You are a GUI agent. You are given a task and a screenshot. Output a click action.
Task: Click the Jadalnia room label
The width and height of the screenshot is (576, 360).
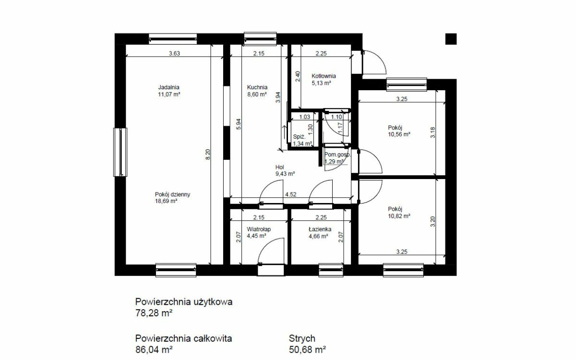click(168, 87)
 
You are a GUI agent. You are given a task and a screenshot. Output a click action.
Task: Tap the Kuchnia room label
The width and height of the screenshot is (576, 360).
click(257, 87)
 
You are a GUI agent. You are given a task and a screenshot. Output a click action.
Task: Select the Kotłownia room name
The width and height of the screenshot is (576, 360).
click(324, 76)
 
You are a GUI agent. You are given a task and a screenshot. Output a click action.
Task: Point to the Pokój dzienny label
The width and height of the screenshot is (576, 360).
click(172, 194)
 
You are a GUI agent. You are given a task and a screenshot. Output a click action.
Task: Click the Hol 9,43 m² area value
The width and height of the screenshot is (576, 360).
click(285, 174)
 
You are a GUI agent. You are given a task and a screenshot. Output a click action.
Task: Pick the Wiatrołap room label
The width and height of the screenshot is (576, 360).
click(259, 229)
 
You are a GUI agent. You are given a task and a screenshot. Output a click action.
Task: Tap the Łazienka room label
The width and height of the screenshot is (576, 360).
click(320, 229)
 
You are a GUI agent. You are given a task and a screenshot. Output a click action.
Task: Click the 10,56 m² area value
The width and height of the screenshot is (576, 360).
click(399, 134)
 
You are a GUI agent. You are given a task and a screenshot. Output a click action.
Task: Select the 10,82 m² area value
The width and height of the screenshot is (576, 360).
click(399, 216)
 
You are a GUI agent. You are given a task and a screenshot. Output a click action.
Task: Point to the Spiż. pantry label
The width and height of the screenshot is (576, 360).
click(300, 137)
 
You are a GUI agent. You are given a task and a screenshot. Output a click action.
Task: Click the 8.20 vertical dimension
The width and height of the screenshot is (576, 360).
click(208, 154)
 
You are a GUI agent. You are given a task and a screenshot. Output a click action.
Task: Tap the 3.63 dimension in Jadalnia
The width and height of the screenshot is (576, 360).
click(174, 53)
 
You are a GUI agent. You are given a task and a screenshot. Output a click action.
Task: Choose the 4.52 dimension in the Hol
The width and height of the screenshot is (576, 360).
click(290, 194)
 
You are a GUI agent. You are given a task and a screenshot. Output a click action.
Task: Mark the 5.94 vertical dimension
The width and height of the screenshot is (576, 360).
click(239, 124)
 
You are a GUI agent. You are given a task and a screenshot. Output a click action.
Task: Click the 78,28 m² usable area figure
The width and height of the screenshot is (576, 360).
click(154, 313)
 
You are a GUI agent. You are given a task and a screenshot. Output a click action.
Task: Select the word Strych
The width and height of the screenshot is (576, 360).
click(302, 338)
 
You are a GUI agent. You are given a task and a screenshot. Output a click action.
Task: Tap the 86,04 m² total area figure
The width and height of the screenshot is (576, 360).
click(154, 350)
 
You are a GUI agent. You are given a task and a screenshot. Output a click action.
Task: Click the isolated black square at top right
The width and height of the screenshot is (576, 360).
click(451, 39)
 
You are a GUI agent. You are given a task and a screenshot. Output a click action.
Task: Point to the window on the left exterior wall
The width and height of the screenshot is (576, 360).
click(120, 152)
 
